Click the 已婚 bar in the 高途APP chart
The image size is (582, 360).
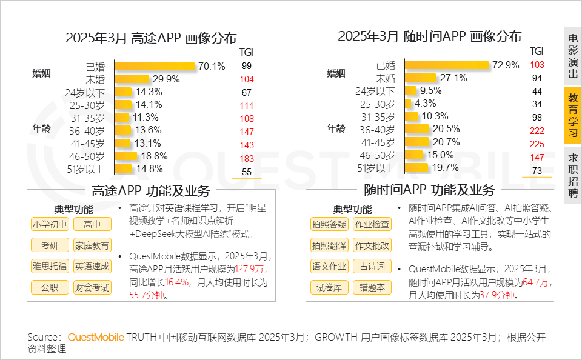[x=154, y=65]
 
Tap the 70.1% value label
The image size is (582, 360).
[x=212, y=65]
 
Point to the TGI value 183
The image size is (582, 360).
[x=246, y=158]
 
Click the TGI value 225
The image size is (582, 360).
[x=537, y=144]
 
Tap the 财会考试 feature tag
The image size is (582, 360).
[x=92, y=287]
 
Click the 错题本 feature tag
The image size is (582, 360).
[x=372, y=287]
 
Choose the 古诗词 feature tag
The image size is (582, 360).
[x=372, y=266]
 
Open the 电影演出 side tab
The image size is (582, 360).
[x=573, y=55]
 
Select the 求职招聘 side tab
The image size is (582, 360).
[x=573, y=175]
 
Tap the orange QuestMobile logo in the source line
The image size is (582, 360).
[x=96, y=337]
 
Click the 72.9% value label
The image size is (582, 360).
[x=506, y=65]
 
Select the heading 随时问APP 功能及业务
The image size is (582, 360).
[x=429, y=190]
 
